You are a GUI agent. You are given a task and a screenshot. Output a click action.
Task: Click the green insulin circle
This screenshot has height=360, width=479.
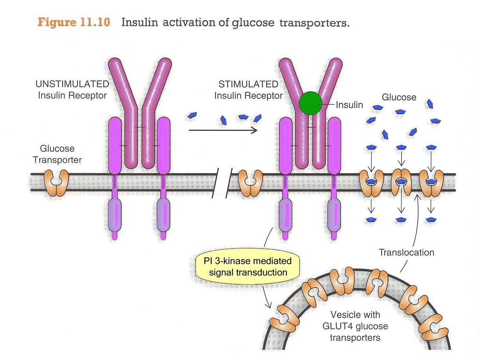(x=311, y=103)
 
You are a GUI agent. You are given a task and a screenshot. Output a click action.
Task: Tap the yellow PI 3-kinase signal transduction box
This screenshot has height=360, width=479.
(x=248, y=266)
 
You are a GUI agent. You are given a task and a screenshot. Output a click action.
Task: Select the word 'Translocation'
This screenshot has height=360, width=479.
(x=406, y=253)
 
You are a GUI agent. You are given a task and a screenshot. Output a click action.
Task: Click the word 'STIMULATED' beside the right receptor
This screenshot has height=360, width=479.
(x=248, y=84)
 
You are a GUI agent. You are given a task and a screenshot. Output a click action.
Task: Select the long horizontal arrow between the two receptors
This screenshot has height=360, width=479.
(x=223, y=130)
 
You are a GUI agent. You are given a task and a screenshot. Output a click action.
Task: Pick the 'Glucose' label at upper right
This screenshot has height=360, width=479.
(x=399, y=97)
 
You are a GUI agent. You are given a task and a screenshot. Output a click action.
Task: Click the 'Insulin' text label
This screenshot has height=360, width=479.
(x=349, y=105)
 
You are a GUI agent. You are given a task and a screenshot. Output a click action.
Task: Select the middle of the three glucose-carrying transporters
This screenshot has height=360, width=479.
(x=400, y=183)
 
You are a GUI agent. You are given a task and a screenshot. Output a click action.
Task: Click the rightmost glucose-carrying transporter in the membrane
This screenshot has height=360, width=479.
(x=431, y=183)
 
